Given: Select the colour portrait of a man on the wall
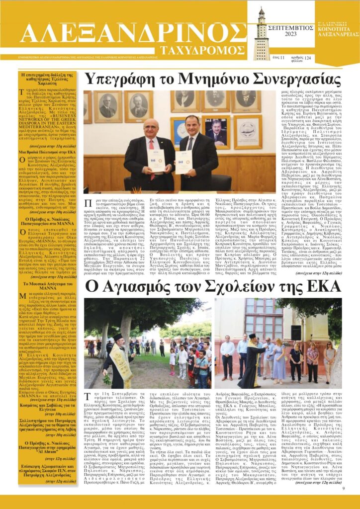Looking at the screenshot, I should point(217,132).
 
